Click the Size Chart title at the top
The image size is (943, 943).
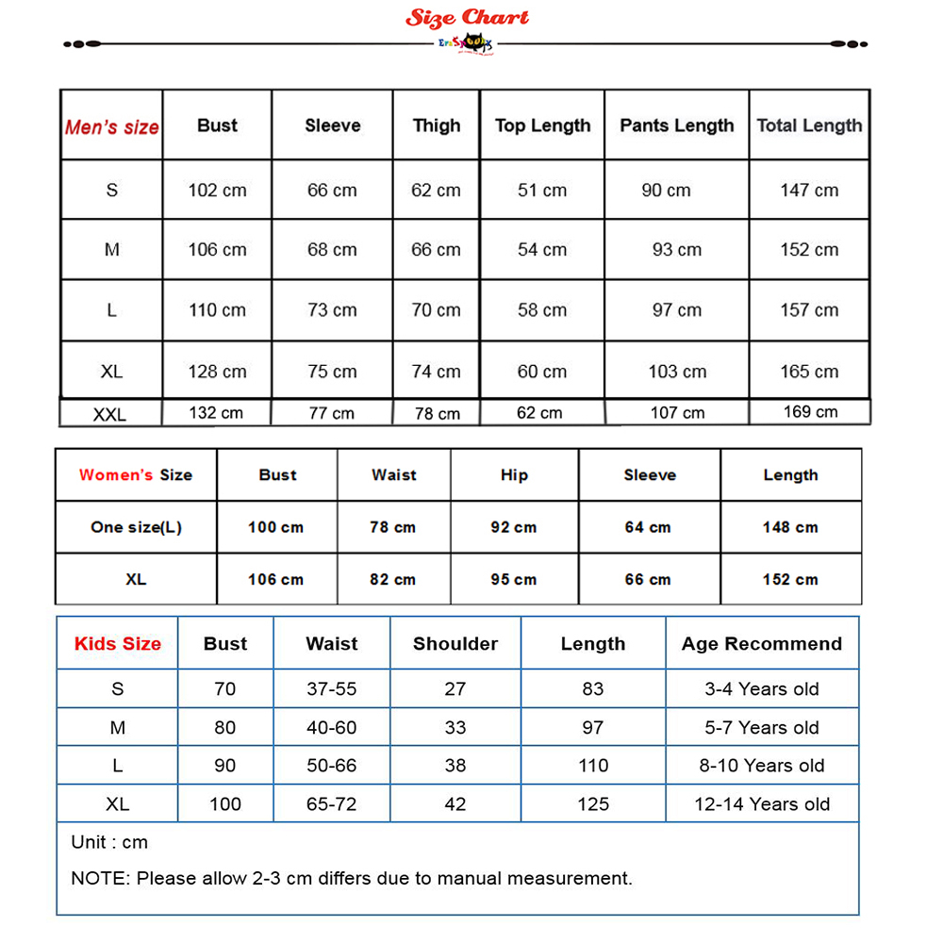(468, 18)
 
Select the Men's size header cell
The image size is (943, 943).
(111, 126)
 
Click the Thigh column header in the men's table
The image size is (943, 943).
(437, 125)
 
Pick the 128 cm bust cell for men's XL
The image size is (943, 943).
(217, 372)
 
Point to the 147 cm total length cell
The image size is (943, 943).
(809, 190)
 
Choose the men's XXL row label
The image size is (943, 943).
(110, 414)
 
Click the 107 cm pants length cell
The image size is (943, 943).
(677, 413)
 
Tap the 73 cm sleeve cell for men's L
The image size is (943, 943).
(332, 310)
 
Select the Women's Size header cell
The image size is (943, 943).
(136, 475)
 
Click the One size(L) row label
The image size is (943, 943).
(136, 527)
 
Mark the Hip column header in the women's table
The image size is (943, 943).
(514, 475)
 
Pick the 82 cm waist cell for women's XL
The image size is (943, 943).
(393, 579)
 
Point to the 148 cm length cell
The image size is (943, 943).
(790, 527)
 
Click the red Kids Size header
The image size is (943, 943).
(118, 644)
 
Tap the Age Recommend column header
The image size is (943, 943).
(762, 644)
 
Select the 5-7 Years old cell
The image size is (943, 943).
(762, 727)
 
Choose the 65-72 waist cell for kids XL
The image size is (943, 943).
(332, 804)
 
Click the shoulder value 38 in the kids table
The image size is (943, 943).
(455, 766)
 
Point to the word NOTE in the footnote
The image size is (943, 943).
(98, 878)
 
